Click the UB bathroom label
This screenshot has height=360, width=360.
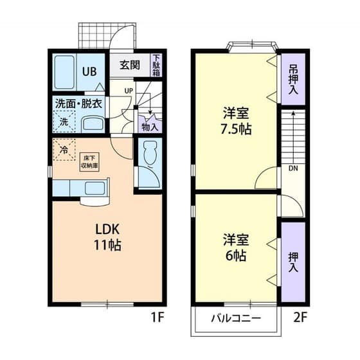pos(91,71)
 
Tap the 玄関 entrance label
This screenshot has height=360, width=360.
pos(130,65)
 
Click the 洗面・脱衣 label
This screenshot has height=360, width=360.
pos(78,103)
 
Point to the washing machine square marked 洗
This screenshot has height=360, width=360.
pos(64,121)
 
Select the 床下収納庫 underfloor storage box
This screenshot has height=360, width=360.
pos(89,160)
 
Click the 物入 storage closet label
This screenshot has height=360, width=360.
pos(149,127)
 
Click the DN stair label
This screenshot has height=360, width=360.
pos(292,169)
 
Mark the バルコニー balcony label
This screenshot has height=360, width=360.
pos(236,319)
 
